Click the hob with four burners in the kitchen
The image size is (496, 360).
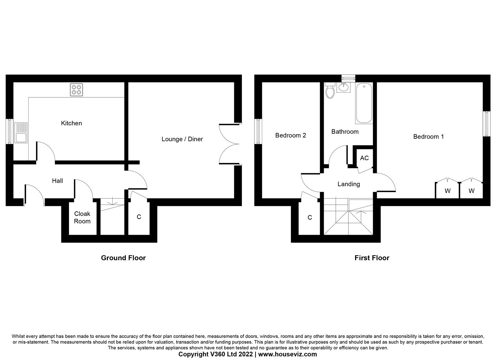(x=76, y=90)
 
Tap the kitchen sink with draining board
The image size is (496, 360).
(x=21, y=133)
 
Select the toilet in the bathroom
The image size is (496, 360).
(x=330, y=91)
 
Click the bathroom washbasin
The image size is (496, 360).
(x=343, y=87)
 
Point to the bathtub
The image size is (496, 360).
(x=364, y=103)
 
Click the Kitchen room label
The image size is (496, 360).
(x=71, y=123)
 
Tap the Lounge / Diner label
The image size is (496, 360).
(x=182, y=139)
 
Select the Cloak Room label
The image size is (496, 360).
(x=82, y=217)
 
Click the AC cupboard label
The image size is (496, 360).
(x=364, y=158)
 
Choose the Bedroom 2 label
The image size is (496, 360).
(x=290, y=135)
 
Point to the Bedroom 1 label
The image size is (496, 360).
(x=428, y=137)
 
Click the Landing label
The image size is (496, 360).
(x=349, y=184)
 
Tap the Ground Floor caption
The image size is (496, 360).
(x=123, y=258)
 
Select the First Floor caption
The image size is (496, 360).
(x=372, y=258)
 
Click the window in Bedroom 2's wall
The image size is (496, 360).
(x=258, y=131)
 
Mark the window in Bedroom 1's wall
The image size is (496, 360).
(x=486, y=124)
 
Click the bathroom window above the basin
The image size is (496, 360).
(x=348, y=78)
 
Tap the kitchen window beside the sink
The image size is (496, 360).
(x=10, y=131)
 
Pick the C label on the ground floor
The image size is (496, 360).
(x=139, y=217)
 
